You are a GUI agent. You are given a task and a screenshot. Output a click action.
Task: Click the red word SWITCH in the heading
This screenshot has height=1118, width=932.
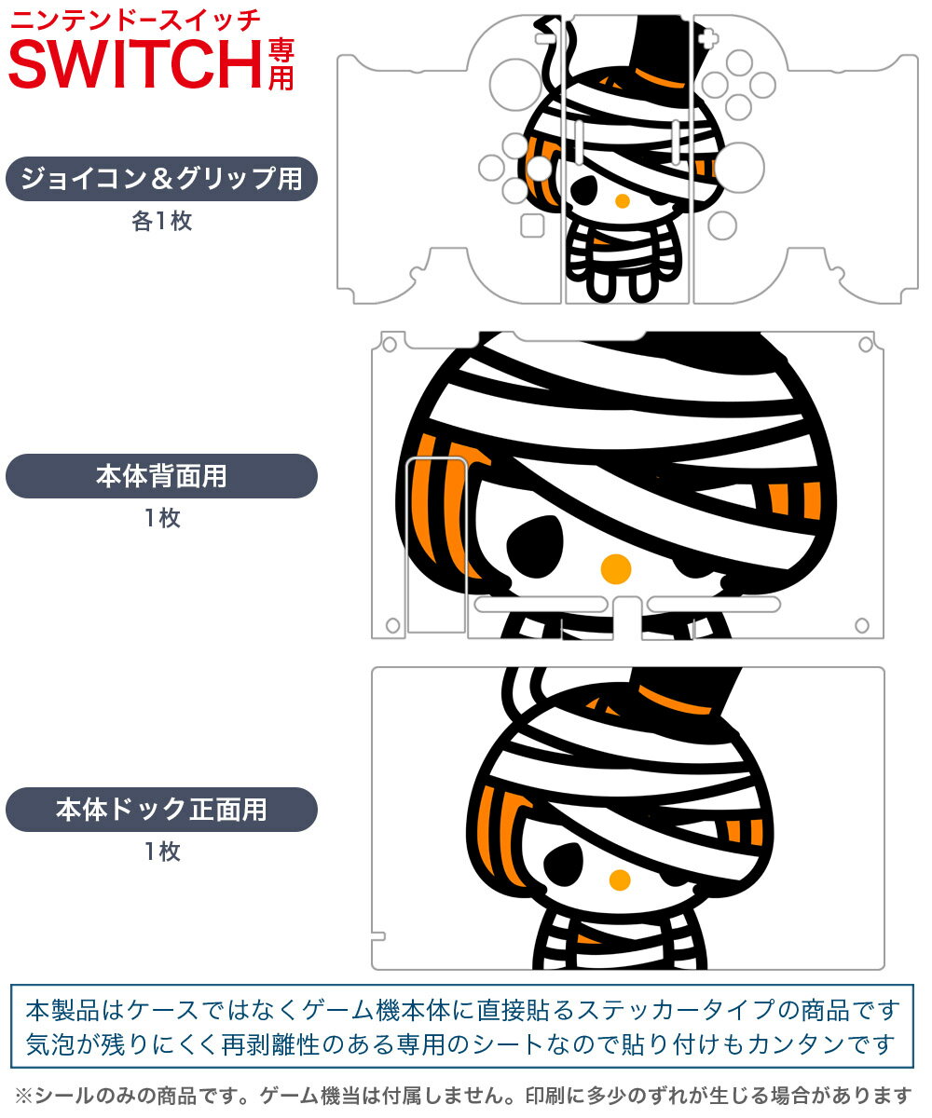click(x=135, y=63)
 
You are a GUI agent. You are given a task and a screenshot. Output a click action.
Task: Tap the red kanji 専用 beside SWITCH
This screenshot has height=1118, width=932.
click(x=281, y=64)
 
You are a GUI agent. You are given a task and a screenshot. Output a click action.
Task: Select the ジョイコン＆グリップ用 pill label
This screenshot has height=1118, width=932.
click(x=161, y=178)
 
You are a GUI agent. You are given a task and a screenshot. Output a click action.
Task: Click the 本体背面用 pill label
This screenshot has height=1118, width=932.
click(x=161, y=476)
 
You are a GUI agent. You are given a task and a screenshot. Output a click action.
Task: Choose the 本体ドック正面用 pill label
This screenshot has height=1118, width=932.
click(x=161, y=809)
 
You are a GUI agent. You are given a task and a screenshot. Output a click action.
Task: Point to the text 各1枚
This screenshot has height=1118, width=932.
click(x=161, y=221)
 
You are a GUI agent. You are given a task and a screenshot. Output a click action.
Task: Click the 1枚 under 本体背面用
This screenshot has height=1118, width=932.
click(x=162, y=518)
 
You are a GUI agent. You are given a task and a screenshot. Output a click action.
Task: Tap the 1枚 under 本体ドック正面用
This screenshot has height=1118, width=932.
click(x=162, y=852)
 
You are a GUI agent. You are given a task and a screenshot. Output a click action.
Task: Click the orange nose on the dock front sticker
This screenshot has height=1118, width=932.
click(x=620, y=880)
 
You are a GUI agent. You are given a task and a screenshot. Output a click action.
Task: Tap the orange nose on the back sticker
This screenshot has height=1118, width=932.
click(x=616, y=568)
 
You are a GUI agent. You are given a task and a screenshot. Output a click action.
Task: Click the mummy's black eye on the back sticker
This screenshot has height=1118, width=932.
click(x=535, y=547)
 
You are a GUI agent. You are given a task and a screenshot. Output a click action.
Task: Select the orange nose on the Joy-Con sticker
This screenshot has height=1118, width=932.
click(x=623, y=201)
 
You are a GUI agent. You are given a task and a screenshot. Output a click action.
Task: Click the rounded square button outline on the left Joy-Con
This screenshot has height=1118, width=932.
click(x=532, y=225)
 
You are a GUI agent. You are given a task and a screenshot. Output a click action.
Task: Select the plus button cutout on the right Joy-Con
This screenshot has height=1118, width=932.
click(x=708, y=39)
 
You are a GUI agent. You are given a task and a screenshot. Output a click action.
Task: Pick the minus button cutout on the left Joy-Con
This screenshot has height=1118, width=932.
click(x=545, y=39)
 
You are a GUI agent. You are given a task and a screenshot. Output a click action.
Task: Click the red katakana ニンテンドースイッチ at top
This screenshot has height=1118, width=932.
click(x=135, y=20)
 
